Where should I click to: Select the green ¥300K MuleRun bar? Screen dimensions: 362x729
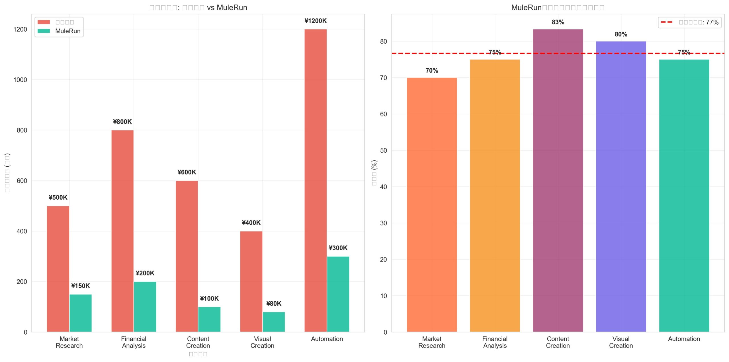338,294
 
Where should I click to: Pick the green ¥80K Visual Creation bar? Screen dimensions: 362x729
274,322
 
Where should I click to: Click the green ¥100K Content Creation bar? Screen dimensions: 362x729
209,319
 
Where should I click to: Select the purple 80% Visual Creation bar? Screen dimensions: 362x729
621,187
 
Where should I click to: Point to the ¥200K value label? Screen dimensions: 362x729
145,273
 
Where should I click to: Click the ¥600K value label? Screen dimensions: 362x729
187,172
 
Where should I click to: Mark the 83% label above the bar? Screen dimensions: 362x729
558,22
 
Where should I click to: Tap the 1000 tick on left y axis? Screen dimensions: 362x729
20,80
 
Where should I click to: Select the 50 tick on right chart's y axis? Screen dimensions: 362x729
383,150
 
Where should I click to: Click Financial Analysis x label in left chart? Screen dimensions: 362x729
134,342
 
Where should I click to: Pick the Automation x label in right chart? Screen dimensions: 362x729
684,339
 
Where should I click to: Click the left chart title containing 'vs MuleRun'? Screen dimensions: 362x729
198,8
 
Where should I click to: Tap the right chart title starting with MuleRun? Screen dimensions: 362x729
558,8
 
